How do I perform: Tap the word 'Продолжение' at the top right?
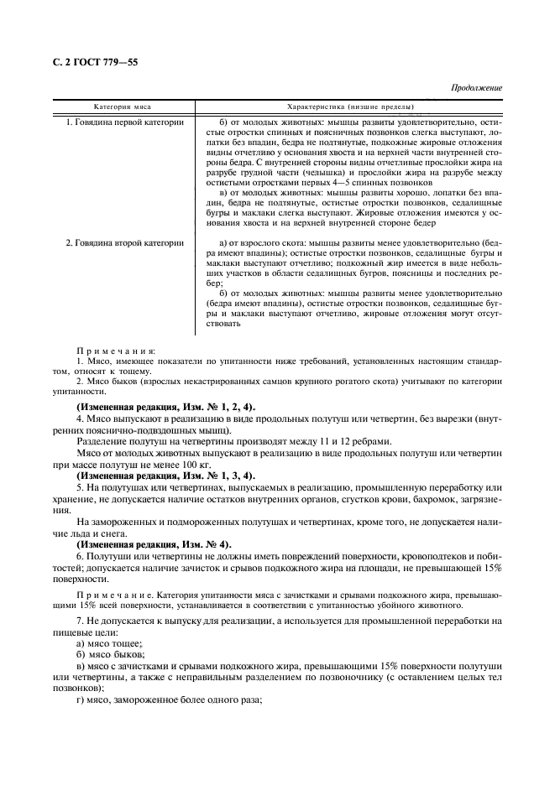pyautogui.click(x=476, y=87)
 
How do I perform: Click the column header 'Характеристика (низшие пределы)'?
pyautogui.click(x=350, y=107)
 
